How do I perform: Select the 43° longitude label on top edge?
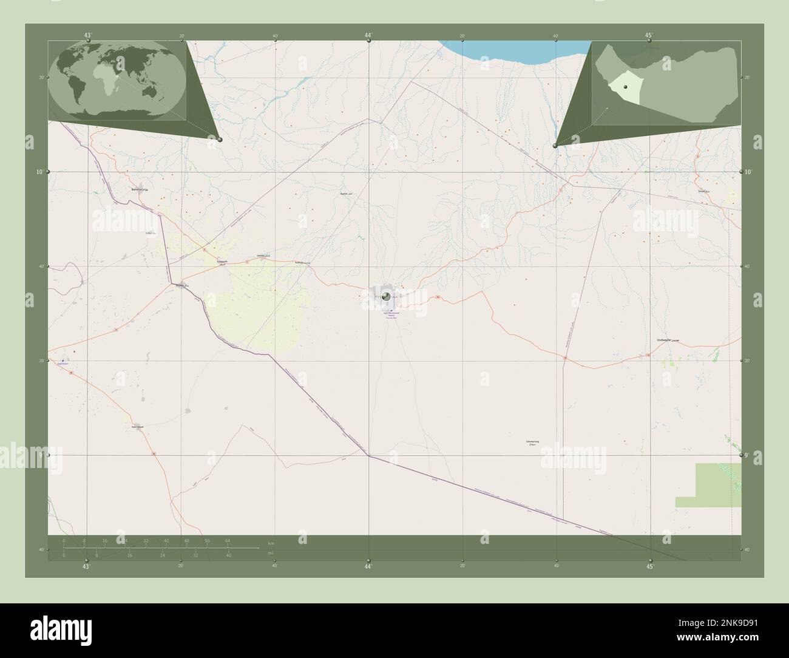[x=88, y=35]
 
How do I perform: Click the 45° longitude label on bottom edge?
[x=650, y=567]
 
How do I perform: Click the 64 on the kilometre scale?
[x=228, y=540]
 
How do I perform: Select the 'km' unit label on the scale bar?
[x=271, y=542]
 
